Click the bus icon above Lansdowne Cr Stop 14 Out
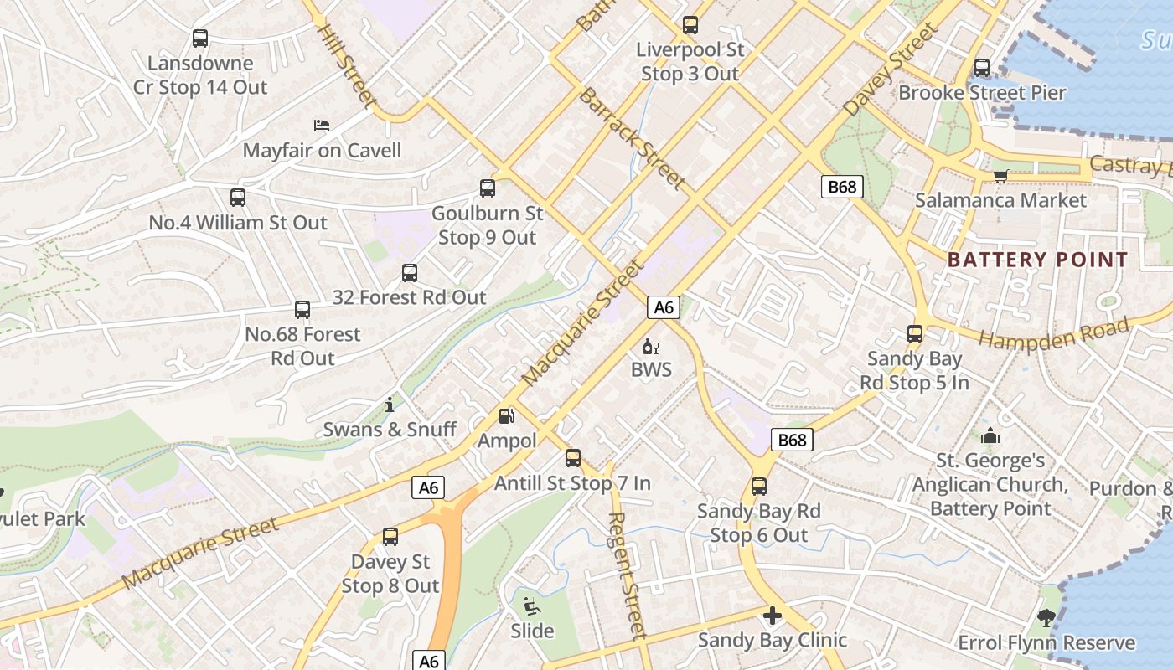click(199, 38)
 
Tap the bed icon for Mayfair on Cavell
click(322, 126)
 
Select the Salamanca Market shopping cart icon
click(1000, 175)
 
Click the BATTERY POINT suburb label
click(1038, 260)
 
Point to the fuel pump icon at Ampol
click(506, 415)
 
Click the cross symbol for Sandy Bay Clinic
click(772, 616)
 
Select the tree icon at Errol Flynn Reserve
click(1046, 619)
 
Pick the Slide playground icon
click(532, 606)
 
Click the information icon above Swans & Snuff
click(390, 405)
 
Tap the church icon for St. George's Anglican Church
click(990, 435)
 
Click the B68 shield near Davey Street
click(841, 186)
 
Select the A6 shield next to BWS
click(663, 307)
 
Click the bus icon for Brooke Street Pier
click(982, 68)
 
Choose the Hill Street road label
click(344, 64)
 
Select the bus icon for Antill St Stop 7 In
click(573, 458)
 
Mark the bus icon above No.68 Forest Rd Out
click(302, 310)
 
